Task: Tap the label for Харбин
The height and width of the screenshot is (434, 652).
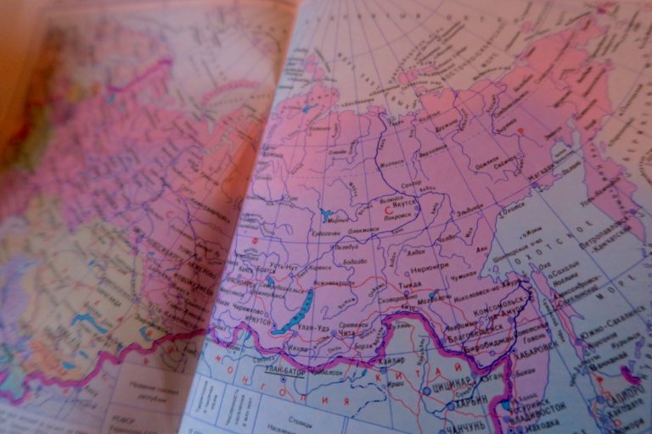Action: pyautogui.click(x=475, y=400)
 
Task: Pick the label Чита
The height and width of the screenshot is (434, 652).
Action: pyautogui.click(x=348, y=334)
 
